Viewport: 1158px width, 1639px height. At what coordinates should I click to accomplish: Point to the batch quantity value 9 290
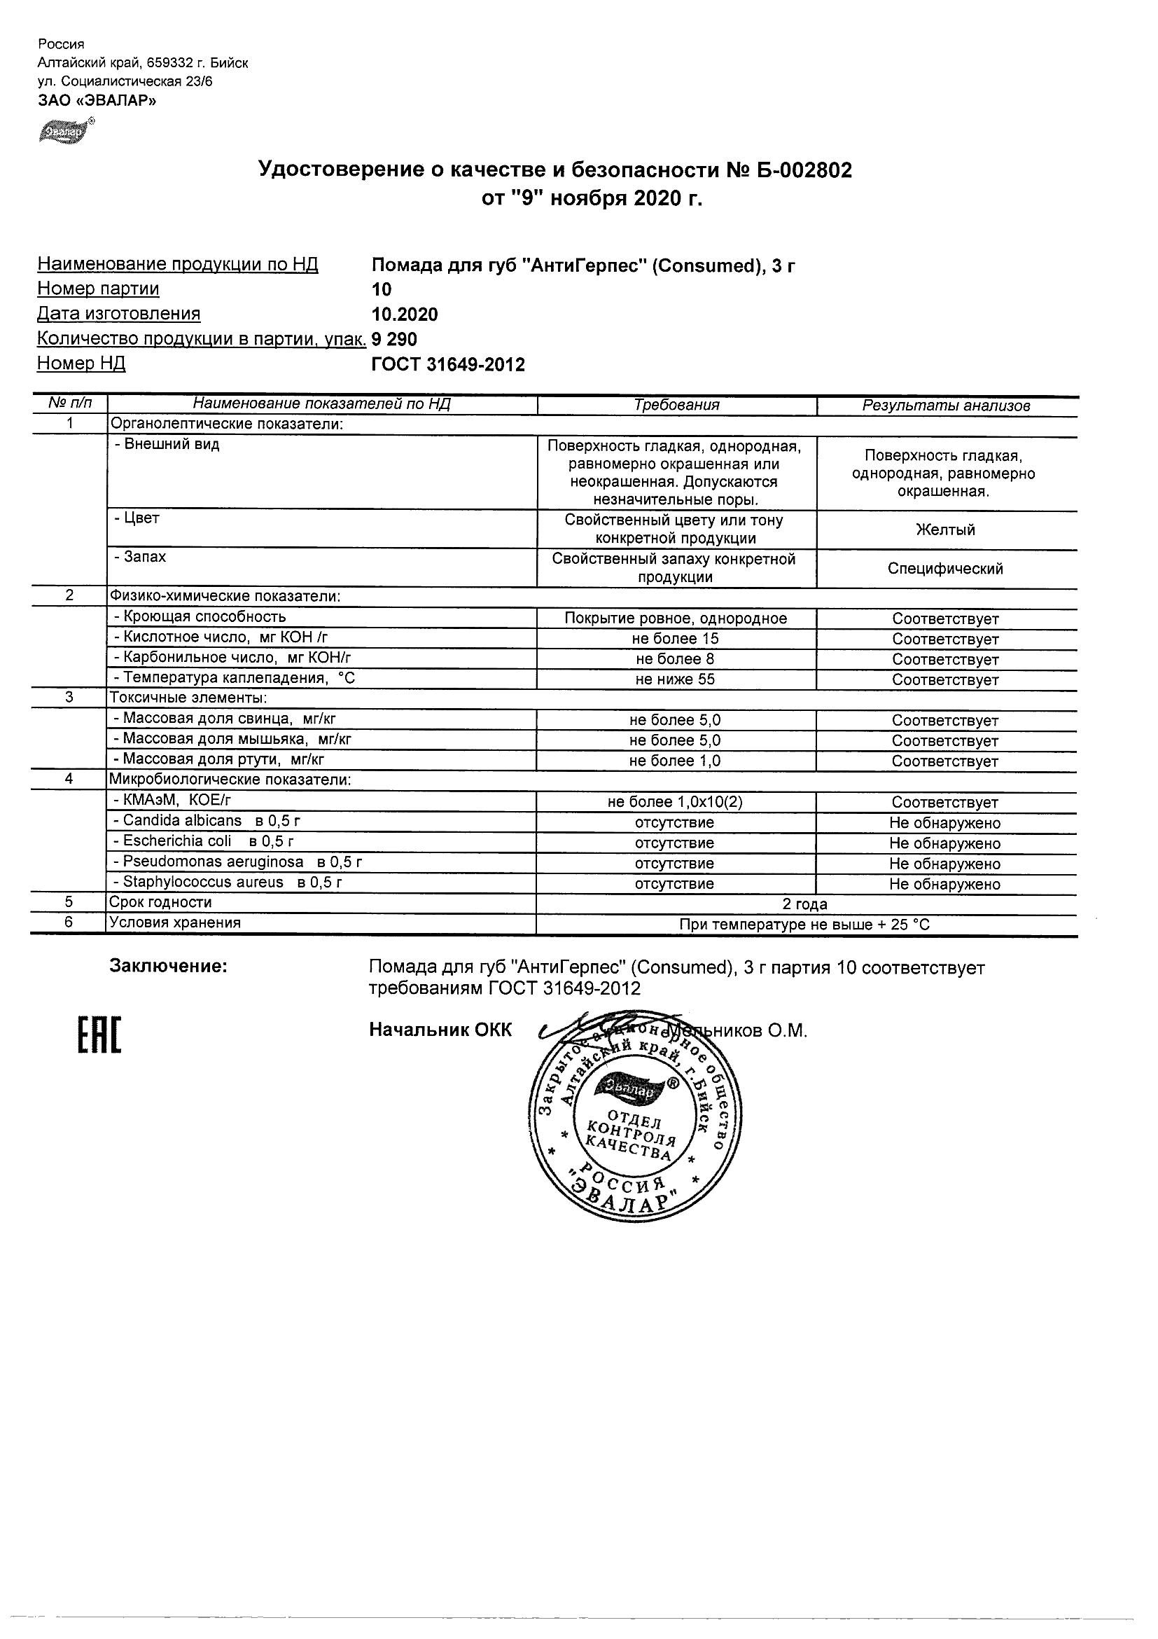coord(395,339)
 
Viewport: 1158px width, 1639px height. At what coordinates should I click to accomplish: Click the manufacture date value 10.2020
coord(405,314)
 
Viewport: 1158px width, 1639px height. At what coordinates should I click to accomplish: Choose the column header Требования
coord(676,405)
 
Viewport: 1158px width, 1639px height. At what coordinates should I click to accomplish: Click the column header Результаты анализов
coord(946,406)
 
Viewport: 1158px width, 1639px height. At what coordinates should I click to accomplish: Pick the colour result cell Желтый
coord(946,530)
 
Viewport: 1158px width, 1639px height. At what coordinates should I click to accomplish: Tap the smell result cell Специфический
coord(945,568)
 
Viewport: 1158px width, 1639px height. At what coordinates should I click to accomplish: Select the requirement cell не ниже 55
coord(675,679)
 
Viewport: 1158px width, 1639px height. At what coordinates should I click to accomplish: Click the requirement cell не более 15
coord(675,639)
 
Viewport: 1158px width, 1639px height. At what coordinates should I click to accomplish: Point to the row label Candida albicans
coord(182,821)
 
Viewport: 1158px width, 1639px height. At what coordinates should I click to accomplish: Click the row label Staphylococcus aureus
coord(202,883)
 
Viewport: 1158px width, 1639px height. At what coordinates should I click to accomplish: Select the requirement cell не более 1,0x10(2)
coord(675,802)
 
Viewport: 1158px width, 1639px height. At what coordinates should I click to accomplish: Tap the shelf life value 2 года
coord(805,904)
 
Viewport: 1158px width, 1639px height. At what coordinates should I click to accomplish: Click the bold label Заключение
coord(169,967)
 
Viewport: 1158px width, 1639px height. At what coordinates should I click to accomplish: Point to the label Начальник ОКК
coord(440,1030)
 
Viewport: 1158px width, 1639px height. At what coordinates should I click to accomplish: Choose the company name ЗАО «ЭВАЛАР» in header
coord(97,101)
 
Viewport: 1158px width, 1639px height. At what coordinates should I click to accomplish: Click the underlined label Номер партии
coord(99,289)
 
